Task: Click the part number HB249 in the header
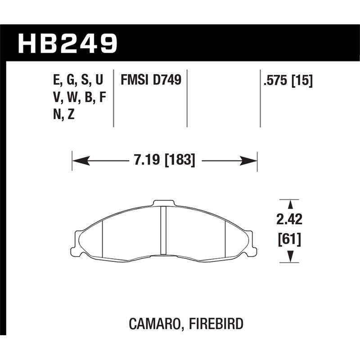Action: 67,44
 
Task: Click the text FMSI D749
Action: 151,81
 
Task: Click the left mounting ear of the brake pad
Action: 79,243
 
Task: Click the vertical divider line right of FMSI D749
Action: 187,98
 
